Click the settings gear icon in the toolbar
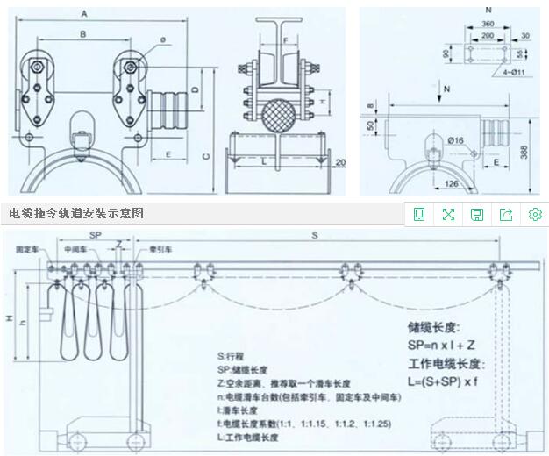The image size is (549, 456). coord(535,215)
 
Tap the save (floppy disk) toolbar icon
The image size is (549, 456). coord(477,215)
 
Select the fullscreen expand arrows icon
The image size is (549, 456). coord(448,215)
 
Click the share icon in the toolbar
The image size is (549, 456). coord(506,215)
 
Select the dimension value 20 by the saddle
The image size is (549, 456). coord(340,163)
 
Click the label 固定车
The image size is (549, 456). coord(26,250)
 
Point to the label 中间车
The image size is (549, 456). coord(76,250)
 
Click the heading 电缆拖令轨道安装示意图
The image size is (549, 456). coord(76,213)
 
